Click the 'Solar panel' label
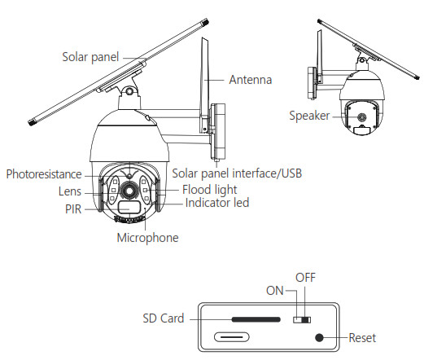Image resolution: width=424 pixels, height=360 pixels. pyautogui.click(x=90, y=57)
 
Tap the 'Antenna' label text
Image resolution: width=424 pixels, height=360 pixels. pyautogui.click(x=250, y=80)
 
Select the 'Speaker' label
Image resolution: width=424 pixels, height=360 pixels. pyautogui.click(x=309, y=116)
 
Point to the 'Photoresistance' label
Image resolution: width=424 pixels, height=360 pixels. pyautogui.click(x=44, y=174)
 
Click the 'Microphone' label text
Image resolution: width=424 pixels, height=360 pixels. pyautogui.click(x=147, y=238)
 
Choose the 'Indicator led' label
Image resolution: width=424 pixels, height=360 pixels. pyautogui.click(x=217, y=203)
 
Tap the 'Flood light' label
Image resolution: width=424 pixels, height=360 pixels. pyautogui.click(x=209, y=190)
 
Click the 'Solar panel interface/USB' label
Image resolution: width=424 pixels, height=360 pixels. pyautogui.click(x=237, y=173)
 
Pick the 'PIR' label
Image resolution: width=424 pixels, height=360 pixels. pyautogui.click(x=73, y=209)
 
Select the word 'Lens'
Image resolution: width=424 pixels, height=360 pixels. pyautogui.click(x=70, y=191)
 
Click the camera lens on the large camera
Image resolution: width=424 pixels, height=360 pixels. pyautogui.click(x=129, y=191)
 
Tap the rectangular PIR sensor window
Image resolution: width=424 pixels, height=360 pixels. pyautogui.click(x=129, y=208)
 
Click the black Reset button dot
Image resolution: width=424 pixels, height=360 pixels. pyautogui.click(x=319, y=338)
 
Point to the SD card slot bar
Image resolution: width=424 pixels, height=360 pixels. pyautogui.click(x=256, y=319)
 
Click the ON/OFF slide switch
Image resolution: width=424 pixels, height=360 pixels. pyautogui.click(x=302, y=320)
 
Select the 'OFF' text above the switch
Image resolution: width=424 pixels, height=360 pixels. pyautogui.click(x=305, y=278)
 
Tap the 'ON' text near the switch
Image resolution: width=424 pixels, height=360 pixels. pyautogui.click(x=275, y=291)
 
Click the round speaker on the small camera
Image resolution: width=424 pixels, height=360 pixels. pyautogui.click(x=361, y=117)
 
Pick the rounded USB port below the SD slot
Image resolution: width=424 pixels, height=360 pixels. pyautogui.click(x=231, y=337)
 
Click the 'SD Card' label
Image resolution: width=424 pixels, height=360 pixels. pyautogui.click(x=164, y=318)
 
